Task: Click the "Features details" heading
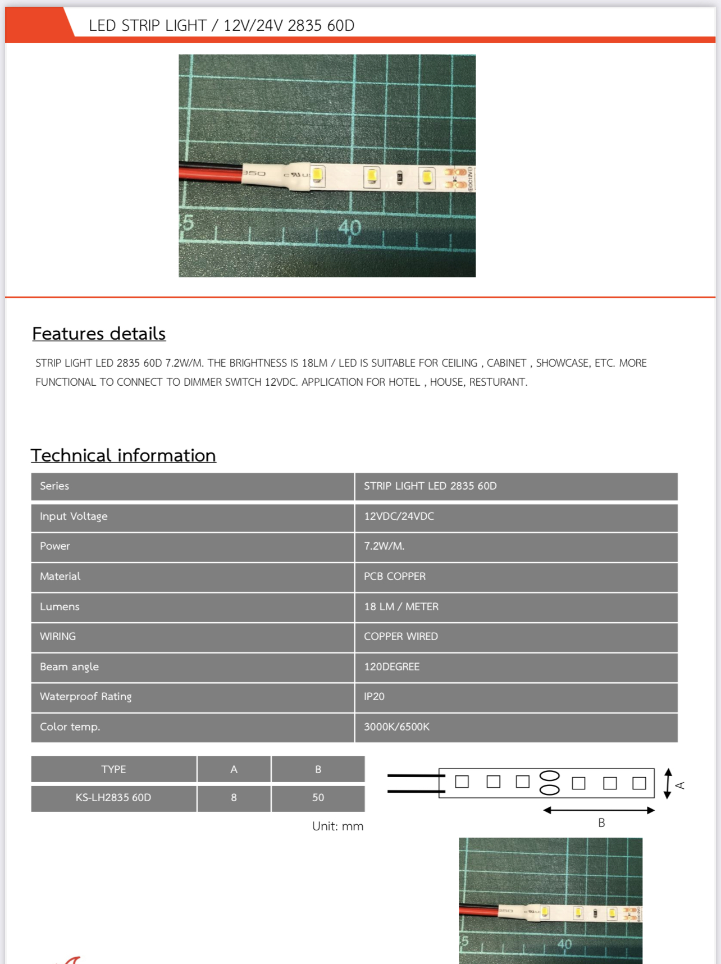pyautogui.click(x=99, y=333)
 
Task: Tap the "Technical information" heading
pyautogui.click(x=124, y=455)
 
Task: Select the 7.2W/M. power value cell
pyautogui.click(x=384, y=546)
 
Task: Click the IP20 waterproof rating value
pyautogui.click(x=374, y=697)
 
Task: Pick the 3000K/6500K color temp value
pyautogui.click(x=396, y=727)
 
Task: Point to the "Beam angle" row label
pyautogui.click(x=69, y=667)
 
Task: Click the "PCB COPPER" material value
pyautogui.click(x=395, y=577)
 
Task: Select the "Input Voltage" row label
pyautogui.click(x=74, y=517)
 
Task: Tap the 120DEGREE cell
pyautogui.click(x=391, y=667)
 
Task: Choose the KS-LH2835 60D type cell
pyautogui.click(x=113, y=798)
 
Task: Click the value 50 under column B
pyautogui.click(x=318, y=798)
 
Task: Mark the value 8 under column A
pyautogui.click(x=234, y=798)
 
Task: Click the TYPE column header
pyautogui.click(x=113, y=770)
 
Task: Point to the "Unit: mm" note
pyautogui.click(x=337, y=826)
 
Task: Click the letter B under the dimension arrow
pyautogui.click(x=601, y=823)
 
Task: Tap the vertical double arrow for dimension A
pyautogui.click(x=668, y=784)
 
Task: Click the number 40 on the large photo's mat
pyautogui.click(x=349, y=228)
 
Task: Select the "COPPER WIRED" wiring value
pyautogui.click(x=400, y=637)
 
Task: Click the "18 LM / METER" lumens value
pyautogui.click(x=401, y=607)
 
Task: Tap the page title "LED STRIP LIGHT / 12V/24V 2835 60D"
pyautogui.click(x=221, y=26)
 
